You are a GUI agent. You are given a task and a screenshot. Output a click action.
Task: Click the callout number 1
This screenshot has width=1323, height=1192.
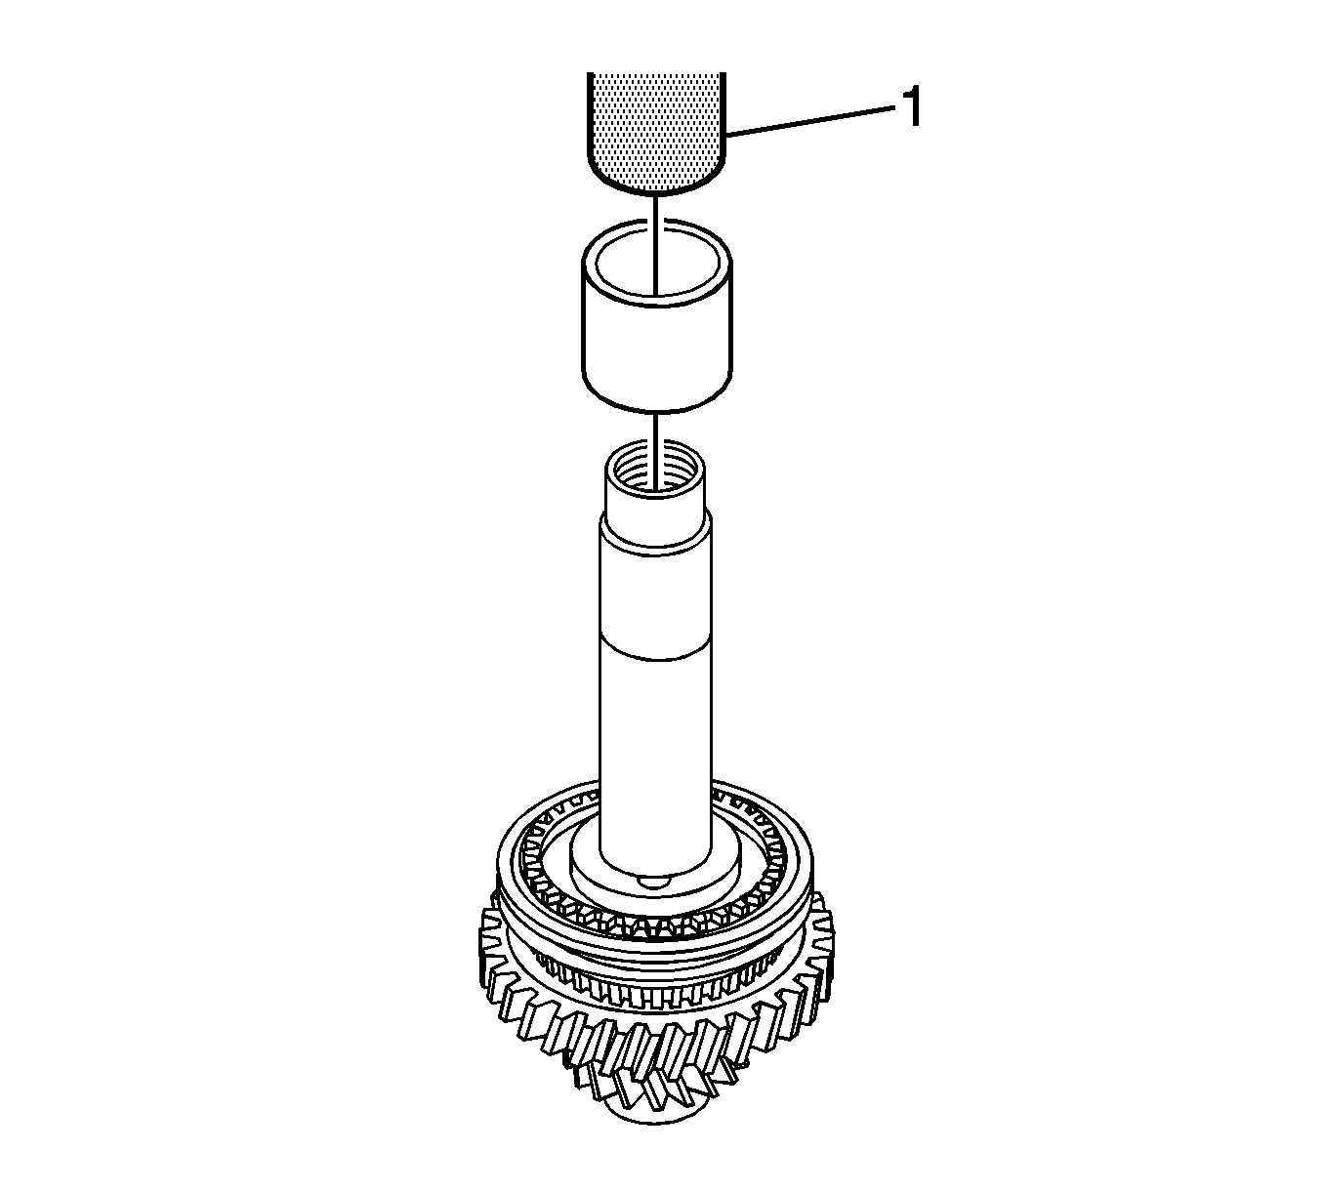pos(910,107)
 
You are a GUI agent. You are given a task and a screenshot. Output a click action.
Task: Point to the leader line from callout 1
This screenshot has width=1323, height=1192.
pos(812,121)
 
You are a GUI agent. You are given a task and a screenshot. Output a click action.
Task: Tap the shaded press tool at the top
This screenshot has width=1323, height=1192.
pos(656,132)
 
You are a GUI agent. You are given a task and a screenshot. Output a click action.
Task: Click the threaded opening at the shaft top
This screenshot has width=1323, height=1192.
pos(654,469)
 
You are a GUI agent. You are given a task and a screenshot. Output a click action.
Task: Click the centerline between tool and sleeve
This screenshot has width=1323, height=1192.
pos(656,244)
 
